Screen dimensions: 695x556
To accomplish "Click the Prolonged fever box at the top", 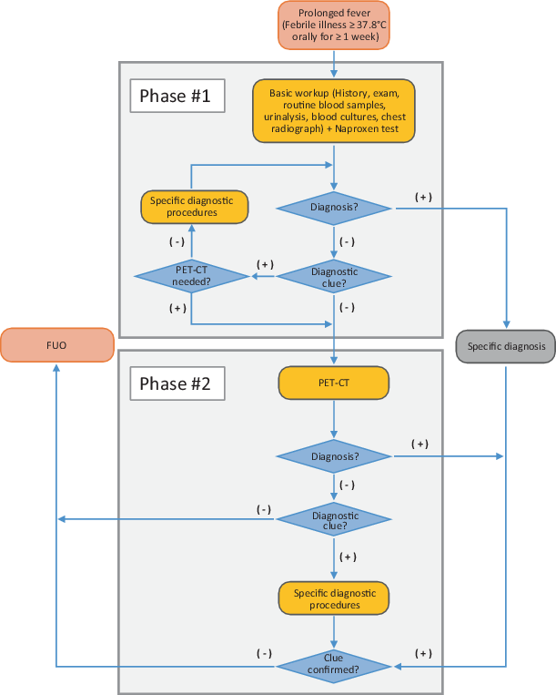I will tap(334, 26).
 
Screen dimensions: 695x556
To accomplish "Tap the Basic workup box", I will tap(334, 111).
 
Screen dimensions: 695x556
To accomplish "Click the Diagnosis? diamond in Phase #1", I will tap(334, 208).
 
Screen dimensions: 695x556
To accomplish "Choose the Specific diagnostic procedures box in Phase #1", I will tap(195, 207).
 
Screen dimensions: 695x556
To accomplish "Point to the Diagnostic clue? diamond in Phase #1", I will tap(334, 276).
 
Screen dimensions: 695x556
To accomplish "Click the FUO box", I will tap(56, 346).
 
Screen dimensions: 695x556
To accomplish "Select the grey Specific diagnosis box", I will tap(505, 346).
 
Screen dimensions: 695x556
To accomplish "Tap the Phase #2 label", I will tap(176, 384).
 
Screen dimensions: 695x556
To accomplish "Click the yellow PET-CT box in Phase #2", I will tap(334, 384).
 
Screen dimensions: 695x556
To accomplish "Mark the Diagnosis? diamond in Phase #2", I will tap(334, 455).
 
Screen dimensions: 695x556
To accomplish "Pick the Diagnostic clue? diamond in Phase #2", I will tap(334, 519).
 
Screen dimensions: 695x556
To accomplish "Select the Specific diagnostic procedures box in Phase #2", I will tap(334, 598).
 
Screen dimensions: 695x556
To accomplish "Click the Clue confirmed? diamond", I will tap(334, 665).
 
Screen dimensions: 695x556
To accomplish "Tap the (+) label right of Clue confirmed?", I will tap(422, 653).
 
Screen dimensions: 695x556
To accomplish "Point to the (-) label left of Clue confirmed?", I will tap(264, 653).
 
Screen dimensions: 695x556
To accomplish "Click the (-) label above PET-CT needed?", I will tap(177, 241).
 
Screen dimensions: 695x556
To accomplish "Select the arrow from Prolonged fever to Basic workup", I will tap(334, 64).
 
